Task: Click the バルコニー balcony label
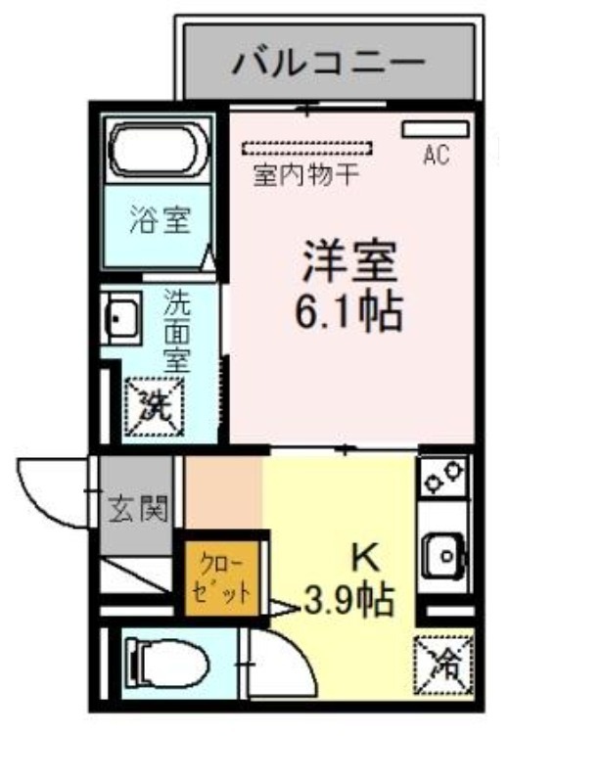pyautogui.click(x=329, y=64)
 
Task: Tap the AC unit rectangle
pyautogui.click(x=436, y=129)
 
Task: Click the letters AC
pyautogui.click(x=437, y=155)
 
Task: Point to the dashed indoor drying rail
pyautogui.click(x=307, y=149)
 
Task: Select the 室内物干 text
pyautogui.click(x=306, y=175)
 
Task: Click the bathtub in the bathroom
pyautogui.click(x=159, y=150)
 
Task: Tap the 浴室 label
pyautogui.click(x=161, y=220)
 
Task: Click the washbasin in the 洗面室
pyautogui.click(x=121, y=319)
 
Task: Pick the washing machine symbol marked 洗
pyautogui.click(x=155, y=407)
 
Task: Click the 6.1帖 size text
pyautogui.click(x=349, y=312)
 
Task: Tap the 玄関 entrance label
pyautogui.click(x=138, y=509)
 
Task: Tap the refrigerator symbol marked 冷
pyautogui.click(x=444, y=666)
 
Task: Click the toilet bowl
pyautogui.click(x=167, y=665)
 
